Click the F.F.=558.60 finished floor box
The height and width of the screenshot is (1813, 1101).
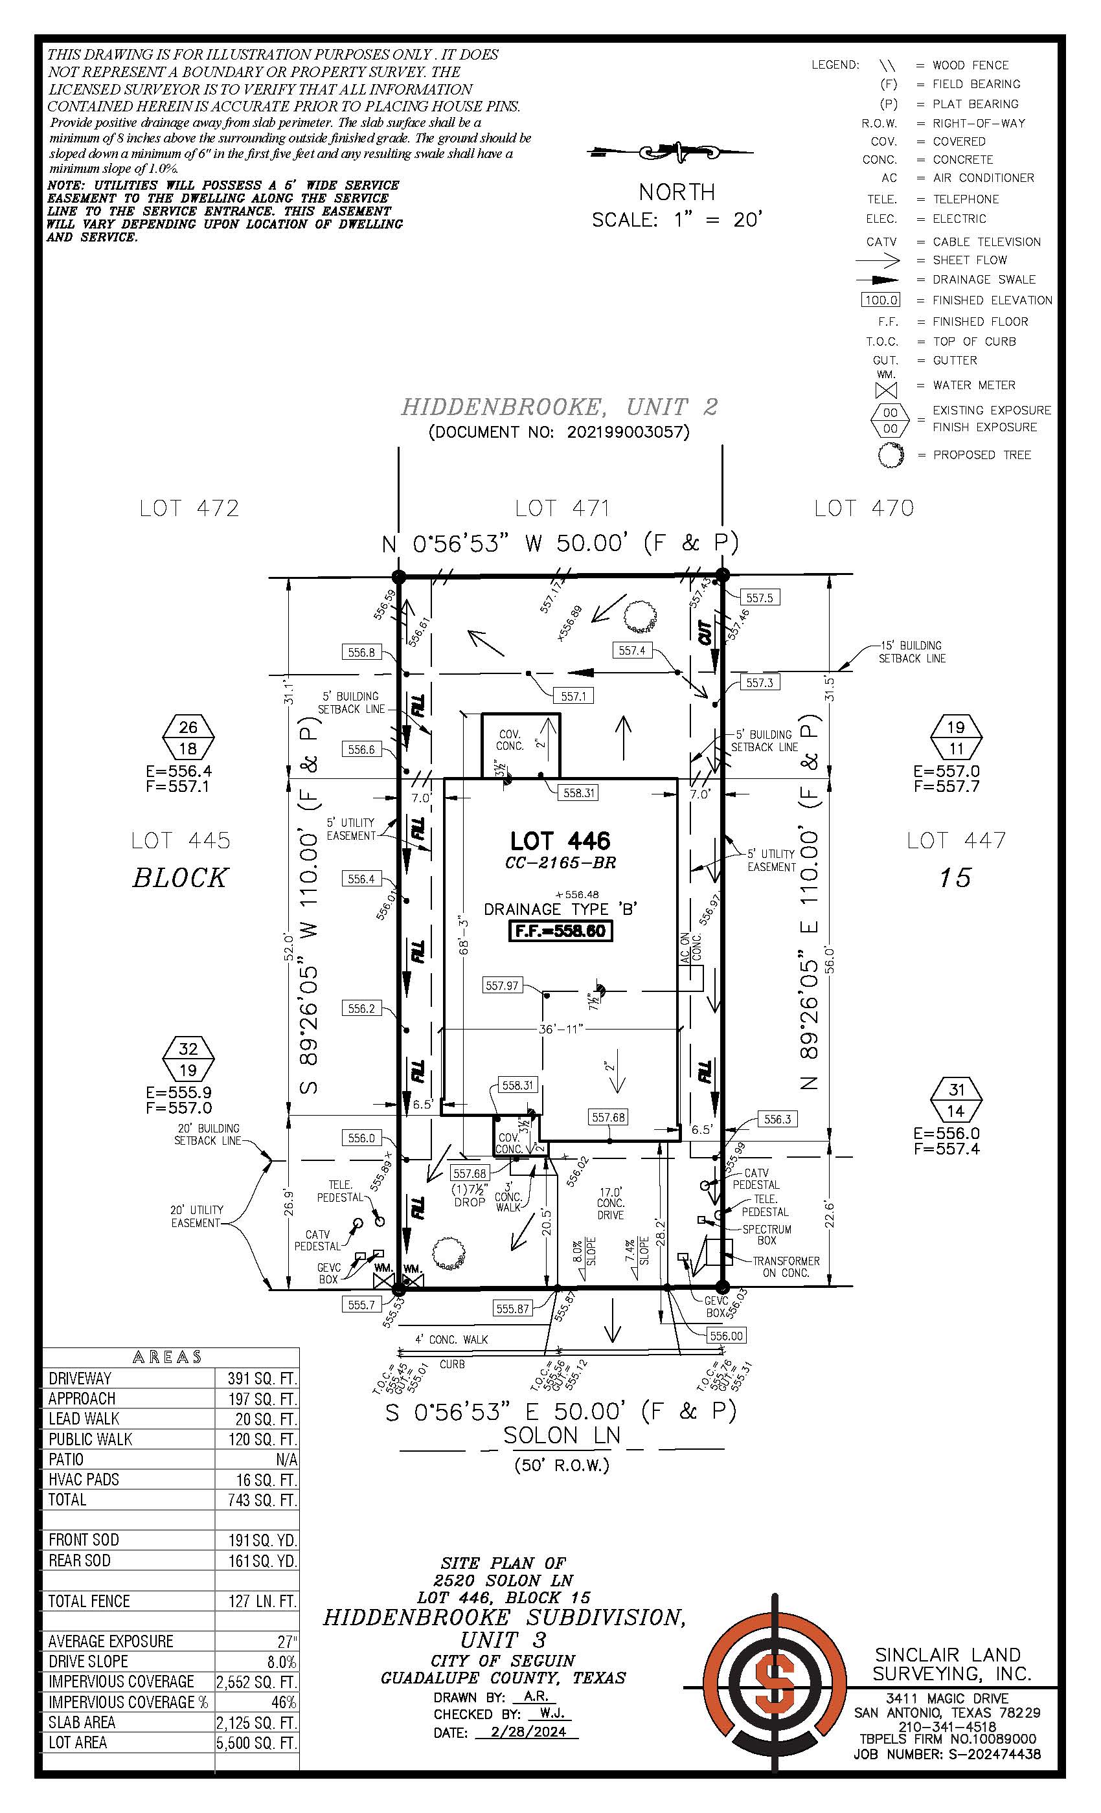560,931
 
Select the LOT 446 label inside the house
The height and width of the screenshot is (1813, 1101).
560,840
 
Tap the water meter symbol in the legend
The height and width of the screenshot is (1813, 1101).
886,388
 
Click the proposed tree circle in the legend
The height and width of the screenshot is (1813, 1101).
891,455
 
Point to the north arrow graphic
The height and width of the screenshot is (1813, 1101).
670,152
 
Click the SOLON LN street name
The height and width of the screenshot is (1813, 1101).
562,1435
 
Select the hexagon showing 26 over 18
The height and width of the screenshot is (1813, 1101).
188,738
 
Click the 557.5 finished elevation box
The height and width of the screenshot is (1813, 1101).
760,598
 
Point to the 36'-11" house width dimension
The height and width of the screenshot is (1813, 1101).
561,1029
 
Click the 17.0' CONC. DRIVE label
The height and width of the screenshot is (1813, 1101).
611,1203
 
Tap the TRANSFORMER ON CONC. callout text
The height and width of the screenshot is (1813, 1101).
785,1267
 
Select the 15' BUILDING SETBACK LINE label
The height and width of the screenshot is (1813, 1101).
911,652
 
